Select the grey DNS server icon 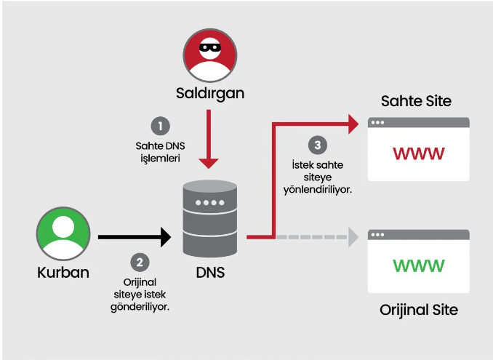[x=209, y=217]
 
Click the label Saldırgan [x=209, y=94]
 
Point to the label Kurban [x=63, y=274]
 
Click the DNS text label [x=210, y=274]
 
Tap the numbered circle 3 [x=315, y=144]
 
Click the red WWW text [x=418, y=154]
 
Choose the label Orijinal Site [x=419, y=310]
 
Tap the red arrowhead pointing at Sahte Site [x=353, y=123]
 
